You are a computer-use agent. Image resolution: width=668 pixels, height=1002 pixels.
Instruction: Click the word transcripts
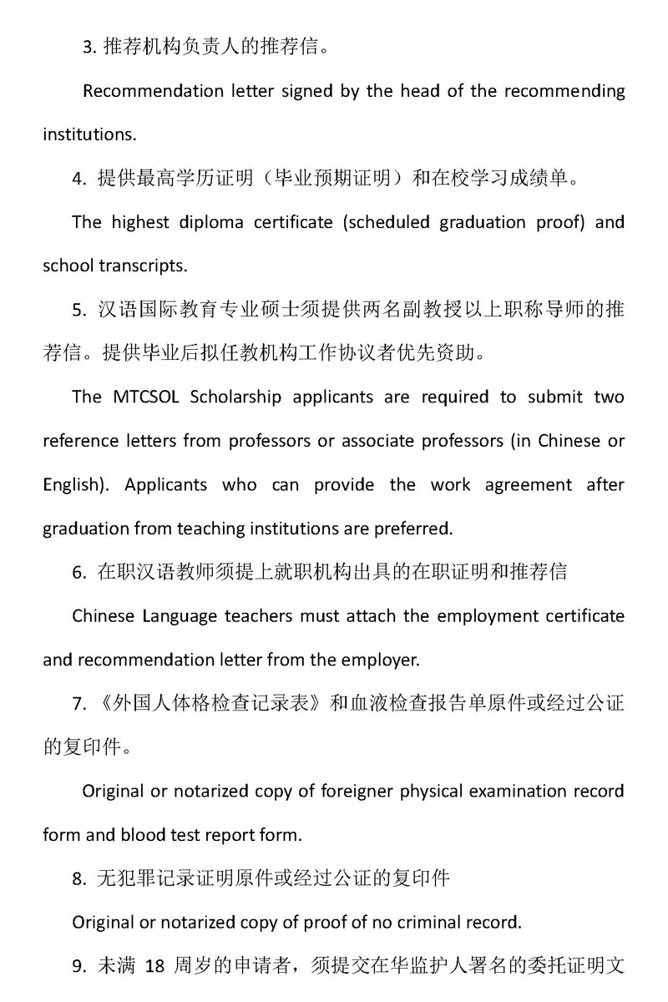(147, 266)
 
